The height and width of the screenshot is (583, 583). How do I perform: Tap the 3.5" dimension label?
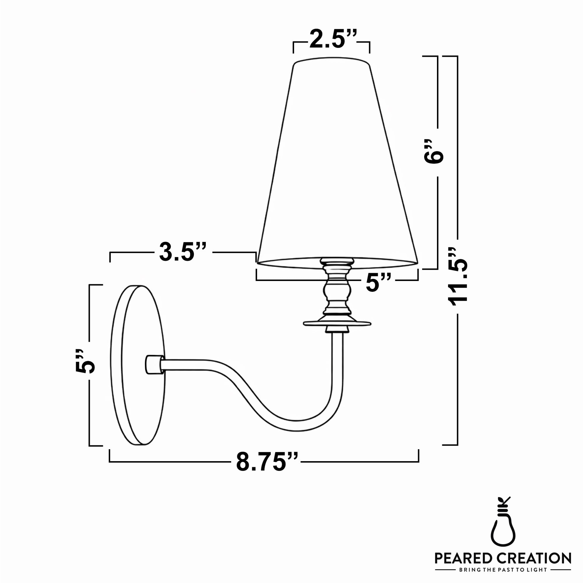point(182,252)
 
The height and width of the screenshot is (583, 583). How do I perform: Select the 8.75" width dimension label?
point(267,462)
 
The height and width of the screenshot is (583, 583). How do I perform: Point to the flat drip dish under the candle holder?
point(337,324)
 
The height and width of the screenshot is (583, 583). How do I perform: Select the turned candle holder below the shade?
point(337,290)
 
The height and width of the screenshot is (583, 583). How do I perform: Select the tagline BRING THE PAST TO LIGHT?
point(503,570)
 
